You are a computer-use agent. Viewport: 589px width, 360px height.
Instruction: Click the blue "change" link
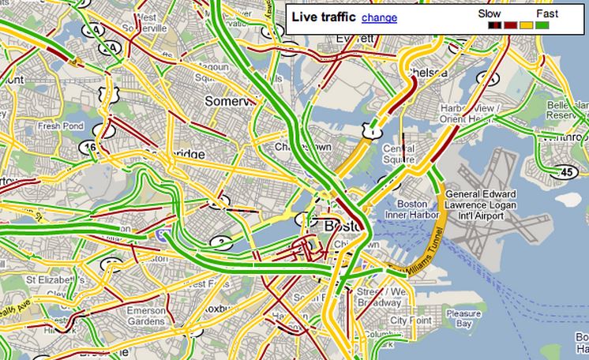pyautogui.click(x=379, y=17)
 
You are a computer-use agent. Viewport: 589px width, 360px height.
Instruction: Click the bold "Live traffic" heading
pyautogui.click(x=324, y=17)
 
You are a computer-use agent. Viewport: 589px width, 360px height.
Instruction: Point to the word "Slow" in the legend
pyautogui.click(x=490, y=13)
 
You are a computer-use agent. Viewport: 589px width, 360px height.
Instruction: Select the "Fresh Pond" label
pyautogui.click(x=61, y=126)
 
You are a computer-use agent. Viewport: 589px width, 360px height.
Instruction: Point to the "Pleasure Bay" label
pyautogui.click(x=462, y=318)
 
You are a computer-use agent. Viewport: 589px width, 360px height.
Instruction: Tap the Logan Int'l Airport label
pyautogui.click(x=480, y=204)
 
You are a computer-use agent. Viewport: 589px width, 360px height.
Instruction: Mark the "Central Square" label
pyautogui.click(x=398, y=153)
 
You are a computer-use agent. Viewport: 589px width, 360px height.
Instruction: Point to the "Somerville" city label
pyautogui.click(x=231, y=101)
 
